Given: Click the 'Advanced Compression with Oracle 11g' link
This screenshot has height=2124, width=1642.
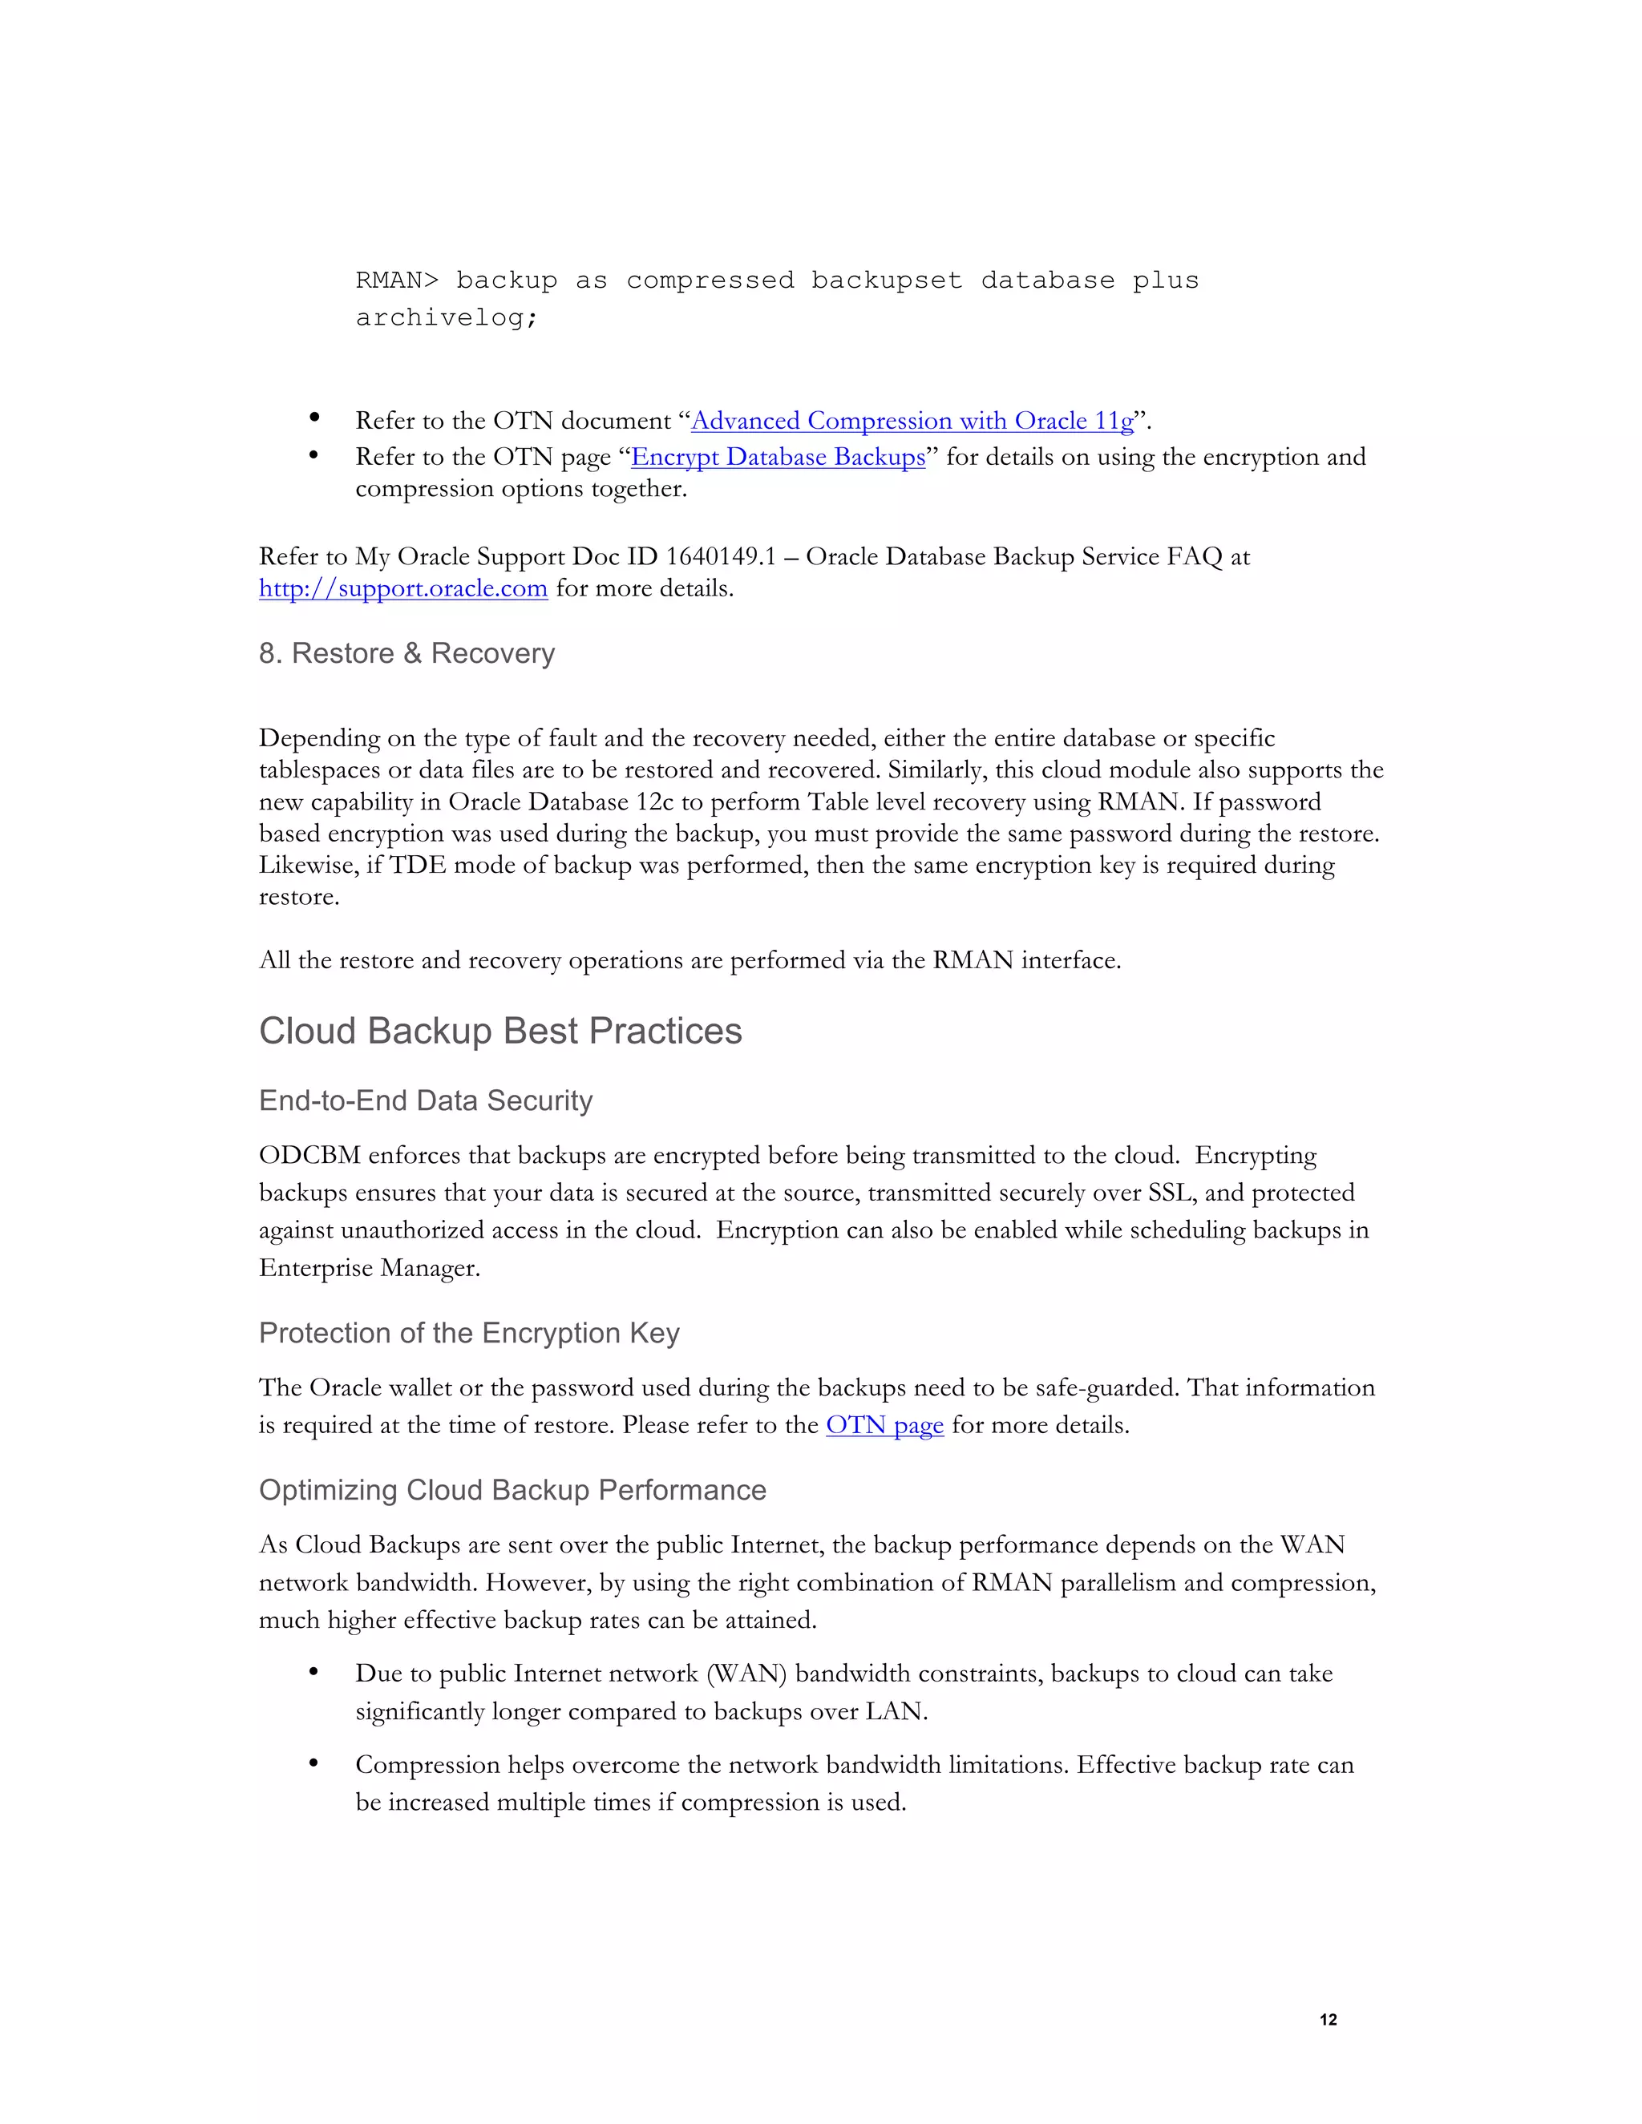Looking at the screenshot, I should click(x=912, y=421).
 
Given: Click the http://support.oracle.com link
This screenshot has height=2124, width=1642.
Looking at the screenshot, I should click(x=402, y=588).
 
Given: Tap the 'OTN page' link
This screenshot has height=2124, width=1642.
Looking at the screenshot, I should click(x=884, y=1426).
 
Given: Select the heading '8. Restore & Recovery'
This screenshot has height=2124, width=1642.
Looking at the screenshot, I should click(x=406, y=653).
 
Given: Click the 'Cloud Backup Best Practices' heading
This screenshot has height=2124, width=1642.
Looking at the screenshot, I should click(x=500, y=1031).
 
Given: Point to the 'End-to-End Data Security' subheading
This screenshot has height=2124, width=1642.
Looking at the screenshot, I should click(x=425, y=1101).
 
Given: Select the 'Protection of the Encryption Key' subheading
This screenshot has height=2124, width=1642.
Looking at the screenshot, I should click(x=469, y=1334).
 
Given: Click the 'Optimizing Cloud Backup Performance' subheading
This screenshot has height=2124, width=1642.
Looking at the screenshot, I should click(x=512, y=1491).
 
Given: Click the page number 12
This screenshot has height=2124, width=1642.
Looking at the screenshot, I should click(x=1328, y=2020).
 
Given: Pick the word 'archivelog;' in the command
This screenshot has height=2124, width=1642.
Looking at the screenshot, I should click(x=447, y=318).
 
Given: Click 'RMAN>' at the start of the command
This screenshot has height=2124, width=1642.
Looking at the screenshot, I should click(x=397, y=281).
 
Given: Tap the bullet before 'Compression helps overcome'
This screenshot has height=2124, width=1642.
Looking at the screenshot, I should click(x=314, y=1763).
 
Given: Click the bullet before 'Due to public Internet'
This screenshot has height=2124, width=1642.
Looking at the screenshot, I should click(x=314, y=1672).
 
